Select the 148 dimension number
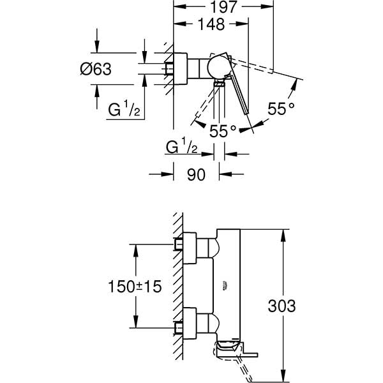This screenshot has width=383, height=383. pyautogui.click(x=211, y=25)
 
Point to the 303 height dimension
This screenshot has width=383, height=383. pyautogui.click(x=282, y=306)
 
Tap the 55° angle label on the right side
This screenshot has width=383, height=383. pyautogui.click(x=281, y=109)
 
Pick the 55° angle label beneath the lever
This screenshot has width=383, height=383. pyautogui.click(x=223, y=130)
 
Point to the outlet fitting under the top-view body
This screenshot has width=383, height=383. pyautogui.click(x=219, y=83)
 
